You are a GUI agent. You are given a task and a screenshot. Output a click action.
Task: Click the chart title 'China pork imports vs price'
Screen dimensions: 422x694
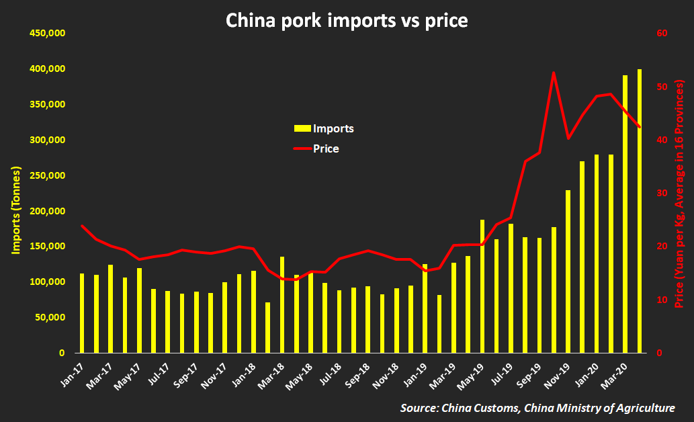coord(346,20)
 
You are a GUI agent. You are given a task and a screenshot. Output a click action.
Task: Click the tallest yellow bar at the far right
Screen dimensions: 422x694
coord(639,211)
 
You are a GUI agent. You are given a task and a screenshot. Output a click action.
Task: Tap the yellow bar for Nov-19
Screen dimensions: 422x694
coord(568,271)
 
